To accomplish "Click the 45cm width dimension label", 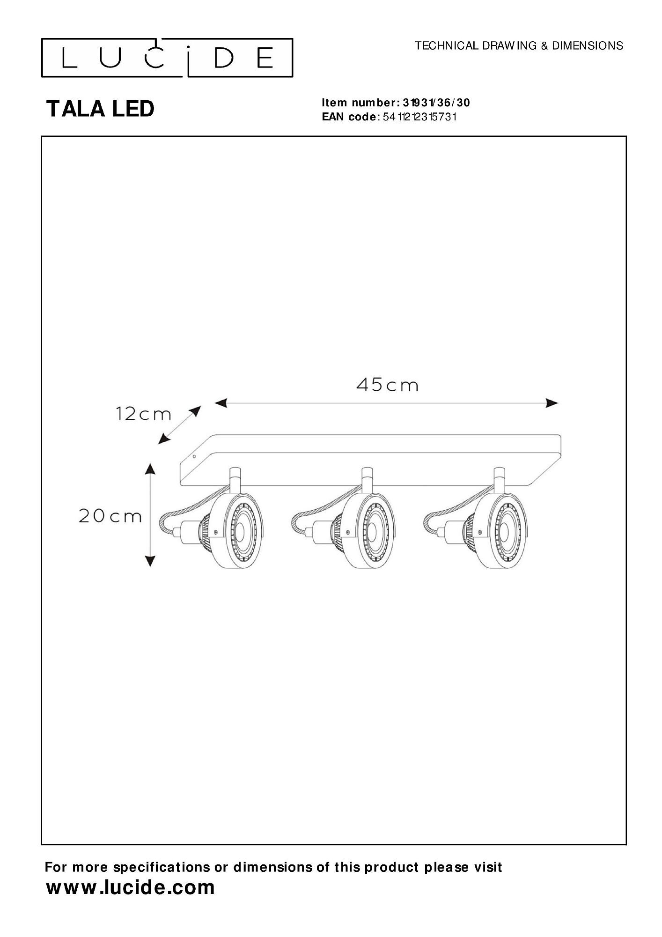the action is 387,385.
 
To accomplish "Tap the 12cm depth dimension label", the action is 143,414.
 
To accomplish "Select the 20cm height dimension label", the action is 110,516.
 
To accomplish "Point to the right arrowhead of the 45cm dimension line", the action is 552,402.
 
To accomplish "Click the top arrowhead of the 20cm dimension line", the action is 150,469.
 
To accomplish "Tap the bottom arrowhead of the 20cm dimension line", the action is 150,561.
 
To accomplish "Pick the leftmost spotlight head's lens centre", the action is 239,531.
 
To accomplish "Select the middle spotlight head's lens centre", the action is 372,531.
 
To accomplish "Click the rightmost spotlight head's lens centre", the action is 503,531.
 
